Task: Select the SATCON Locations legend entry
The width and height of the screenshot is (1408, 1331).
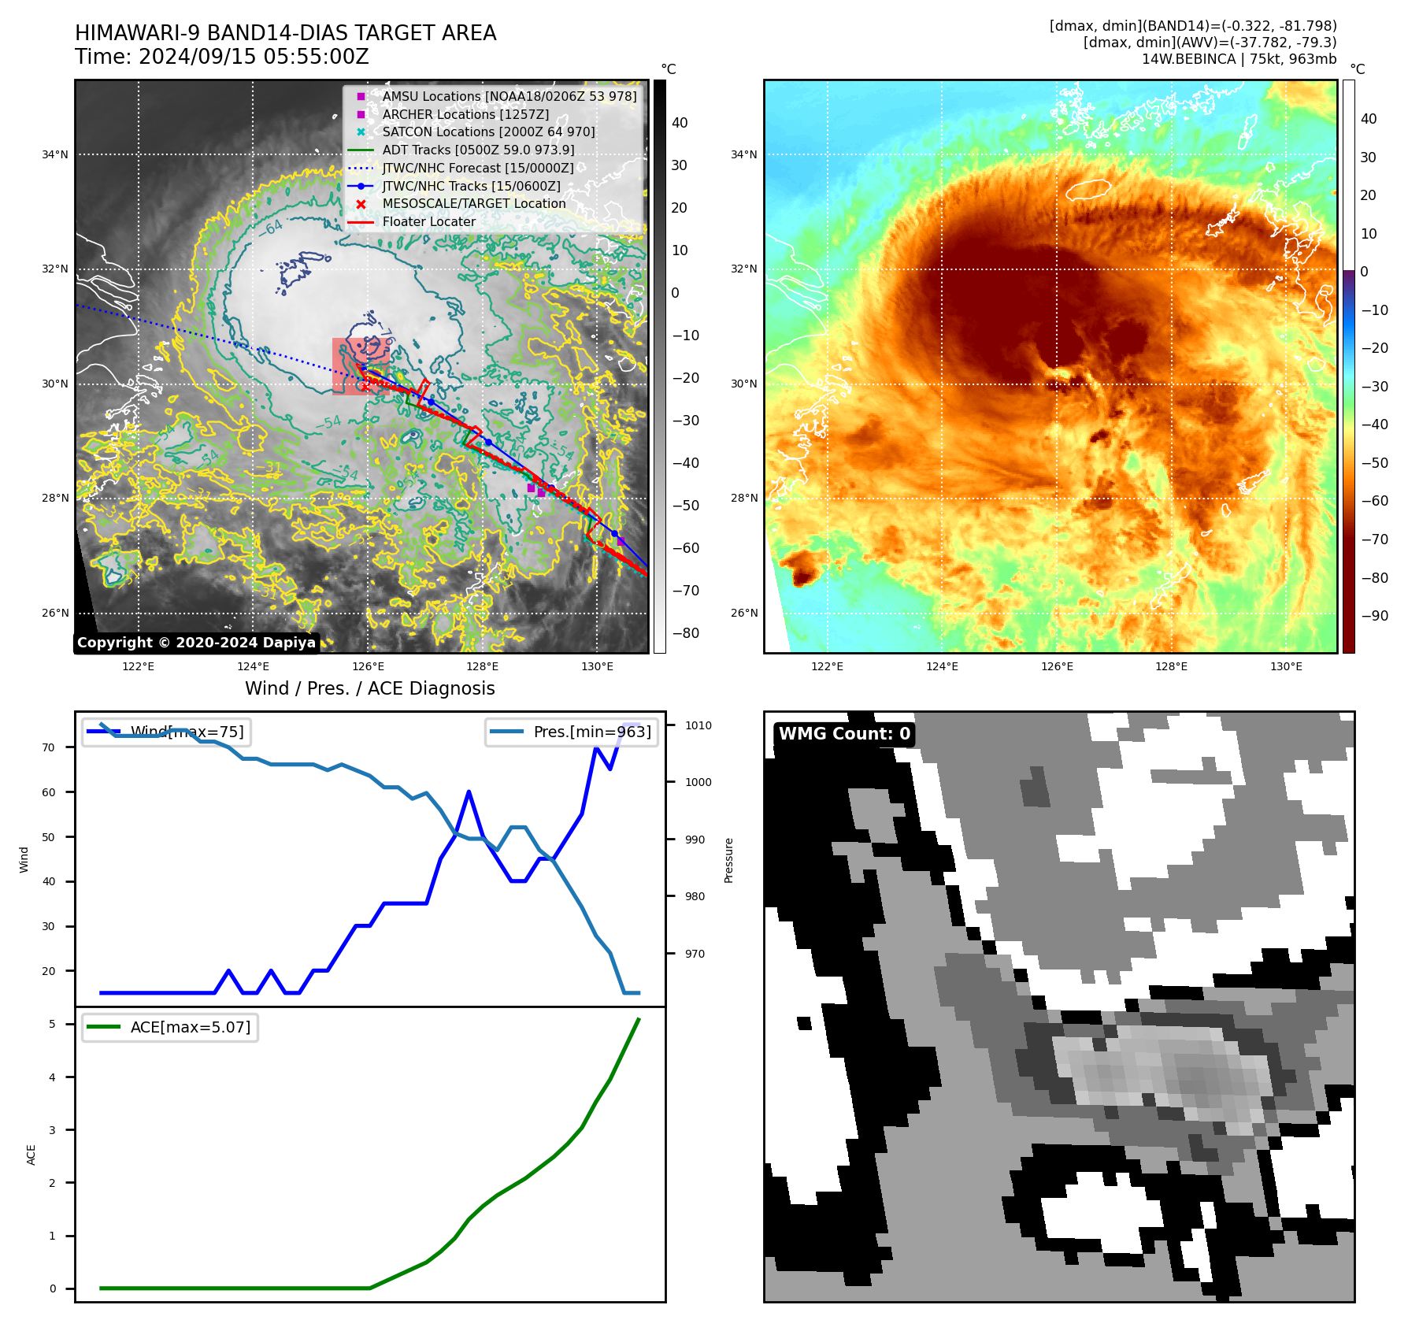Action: (488, 132)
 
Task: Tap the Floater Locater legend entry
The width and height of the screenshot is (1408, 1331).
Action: (428, 222)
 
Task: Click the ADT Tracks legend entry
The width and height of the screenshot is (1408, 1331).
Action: (478, 150)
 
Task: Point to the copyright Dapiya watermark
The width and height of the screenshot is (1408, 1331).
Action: (196, 643)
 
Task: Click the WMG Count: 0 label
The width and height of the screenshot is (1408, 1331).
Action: (844, 734)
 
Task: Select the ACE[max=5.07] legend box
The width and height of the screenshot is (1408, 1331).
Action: (170, 1027)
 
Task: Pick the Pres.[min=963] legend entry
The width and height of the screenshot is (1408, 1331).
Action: (572, 732)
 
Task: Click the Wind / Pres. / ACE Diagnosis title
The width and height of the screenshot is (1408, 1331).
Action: (369, 689)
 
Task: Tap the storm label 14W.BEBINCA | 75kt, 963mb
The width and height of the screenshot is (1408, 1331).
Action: (1239, 59)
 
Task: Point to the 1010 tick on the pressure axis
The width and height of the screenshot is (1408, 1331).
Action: (698, 725)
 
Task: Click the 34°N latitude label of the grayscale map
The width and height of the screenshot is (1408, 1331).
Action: (55, 155)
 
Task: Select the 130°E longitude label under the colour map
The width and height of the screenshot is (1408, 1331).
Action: (1286, 667)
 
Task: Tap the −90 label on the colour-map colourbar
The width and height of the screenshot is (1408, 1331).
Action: (1374, 616)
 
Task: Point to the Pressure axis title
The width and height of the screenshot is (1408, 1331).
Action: (728, 860)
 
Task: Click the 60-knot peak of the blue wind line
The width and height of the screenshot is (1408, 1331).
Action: (469, 792)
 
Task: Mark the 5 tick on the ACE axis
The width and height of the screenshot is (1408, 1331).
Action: (53, 1024)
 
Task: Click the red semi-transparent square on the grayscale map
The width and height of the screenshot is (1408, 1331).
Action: (360, 366)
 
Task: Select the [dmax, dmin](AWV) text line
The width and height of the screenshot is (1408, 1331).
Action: (1210, 43)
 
